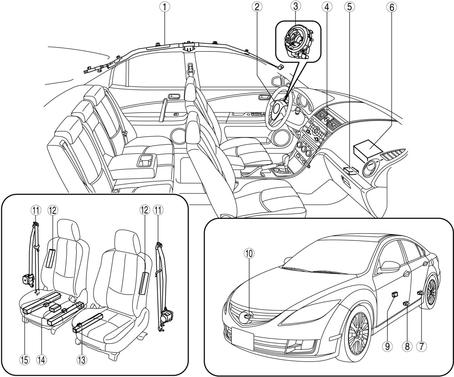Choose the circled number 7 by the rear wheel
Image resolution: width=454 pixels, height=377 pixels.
click(x=421, y=346)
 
